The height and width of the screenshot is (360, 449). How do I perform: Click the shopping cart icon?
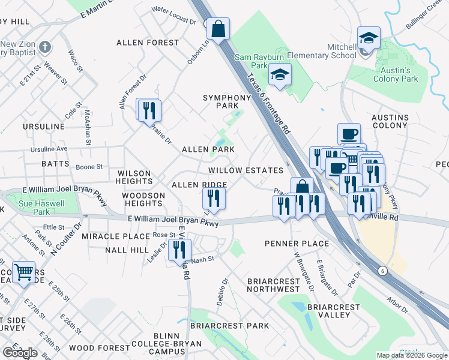point(23,272)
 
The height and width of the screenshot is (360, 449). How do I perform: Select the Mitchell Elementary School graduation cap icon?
point(369,38)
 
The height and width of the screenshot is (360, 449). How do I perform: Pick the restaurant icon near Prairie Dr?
point(148,110)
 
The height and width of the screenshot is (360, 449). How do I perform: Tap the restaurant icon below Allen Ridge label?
point(213,197)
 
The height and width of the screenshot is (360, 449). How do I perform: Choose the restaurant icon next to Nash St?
point(179,250)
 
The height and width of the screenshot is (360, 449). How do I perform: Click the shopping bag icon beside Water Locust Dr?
point(218,28)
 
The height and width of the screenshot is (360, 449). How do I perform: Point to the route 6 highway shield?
point(382,271)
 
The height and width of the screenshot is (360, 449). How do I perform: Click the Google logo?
point(20,353)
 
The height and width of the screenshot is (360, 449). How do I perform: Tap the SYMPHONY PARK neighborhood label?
point(227,101)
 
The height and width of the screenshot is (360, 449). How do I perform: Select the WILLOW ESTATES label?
point(246,171)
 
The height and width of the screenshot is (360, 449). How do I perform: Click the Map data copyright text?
point(411,355)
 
